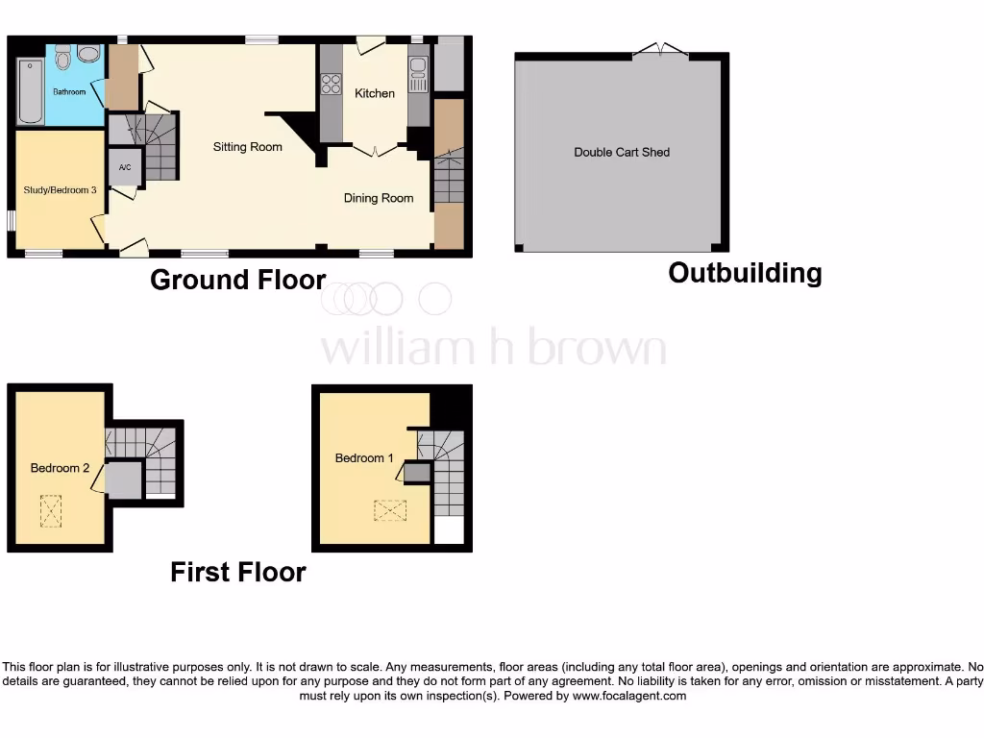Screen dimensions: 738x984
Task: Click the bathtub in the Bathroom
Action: point(30,91)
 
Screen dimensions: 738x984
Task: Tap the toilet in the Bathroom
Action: point(63,60)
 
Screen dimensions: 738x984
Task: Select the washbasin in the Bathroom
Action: point(89,54)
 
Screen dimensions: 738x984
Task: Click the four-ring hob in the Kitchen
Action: point(332,84)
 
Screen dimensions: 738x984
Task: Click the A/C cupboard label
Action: point(124,168)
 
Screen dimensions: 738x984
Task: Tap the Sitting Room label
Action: point(248,147)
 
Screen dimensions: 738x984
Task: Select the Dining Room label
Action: point(379,198)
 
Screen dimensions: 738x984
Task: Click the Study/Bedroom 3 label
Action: point(60,190)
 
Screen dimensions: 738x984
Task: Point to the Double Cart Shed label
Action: point(622,152)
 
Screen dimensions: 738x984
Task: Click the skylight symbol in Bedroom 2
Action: point(50,510)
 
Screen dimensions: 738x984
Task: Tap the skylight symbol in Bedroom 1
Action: point(389,510)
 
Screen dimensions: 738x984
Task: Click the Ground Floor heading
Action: point(238,280)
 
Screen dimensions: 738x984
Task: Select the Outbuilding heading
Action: point(745,273)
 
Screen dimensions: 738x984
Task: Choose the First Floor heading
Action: point(238,573)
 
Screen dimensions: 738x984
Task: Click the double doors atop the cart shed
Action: point(661,49)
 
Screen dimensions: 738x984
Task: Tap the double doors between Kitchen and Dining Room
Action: point(375,150)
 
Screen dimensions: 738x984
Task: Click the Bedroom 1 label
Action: point(364,458)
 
